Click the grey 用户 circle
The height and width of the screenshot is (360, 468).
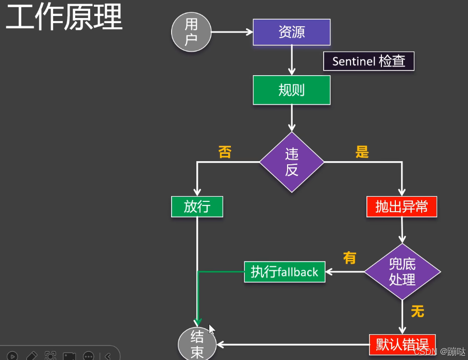191,32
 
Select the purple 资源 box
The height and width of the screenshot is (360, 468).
291,32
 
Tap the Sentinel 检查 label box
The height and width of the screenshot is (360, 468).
369,61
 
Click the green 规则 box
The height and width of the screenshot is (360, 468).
291,90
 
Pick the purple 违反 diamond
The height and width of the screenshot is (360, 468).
292,162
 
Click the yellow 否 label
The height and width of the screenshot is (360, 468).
225,152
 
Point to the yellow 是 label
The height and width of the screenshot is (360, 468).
362,152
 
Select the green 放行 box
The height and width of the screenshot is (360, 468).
197,207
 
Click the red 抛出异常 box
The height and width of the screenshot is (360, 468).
402,207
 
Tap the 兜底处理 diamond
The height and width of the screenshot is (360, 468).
402,272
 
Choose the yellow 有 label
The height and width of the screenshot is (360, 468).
349,258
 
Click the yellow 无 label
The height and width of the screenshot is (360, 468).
417,311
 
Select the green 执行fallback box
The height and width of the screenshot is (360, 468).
285,271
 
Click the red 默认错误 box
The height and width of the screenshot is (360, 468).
402,344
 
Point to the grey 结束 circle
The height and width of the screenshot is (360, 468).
197,344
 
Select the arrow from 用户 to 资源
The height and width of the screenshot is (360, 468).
232,32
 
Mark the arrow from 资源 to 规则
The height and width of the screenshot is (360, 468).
292,60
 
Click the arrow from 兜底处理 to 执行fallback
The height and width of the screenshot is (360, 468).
345,271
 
